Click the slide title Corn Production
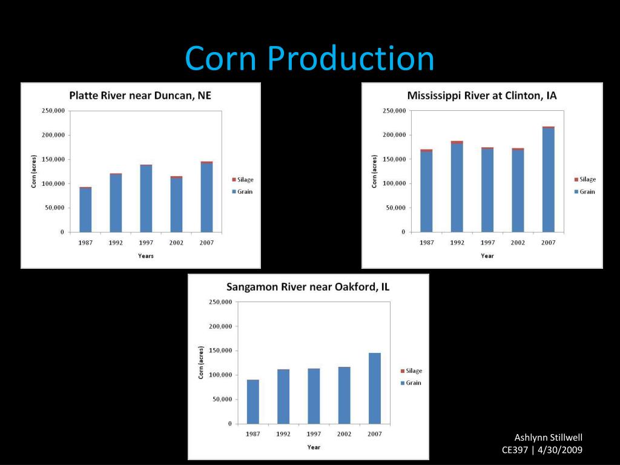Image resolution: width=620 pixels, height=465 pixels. pyautogui.click(x=309, y=59)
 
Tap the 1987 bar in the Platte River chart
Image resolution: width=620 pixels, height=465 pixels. pyautogui.click(x=85, y=209)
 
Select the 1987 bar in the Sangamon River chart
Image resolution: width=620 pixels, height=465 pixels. pyautogui.click(x=252, y=401)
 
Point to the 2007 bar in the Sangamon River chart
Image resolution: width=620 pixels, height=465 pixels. pyautogui.click(x=375, y=388)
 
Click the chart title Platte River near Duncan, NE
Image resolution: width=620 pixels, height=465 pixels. pyautogui.click(x=140, y=95)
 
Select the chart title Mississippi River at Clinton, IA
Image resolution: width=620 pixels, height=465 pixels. pyautogui.click(x=482, y=96)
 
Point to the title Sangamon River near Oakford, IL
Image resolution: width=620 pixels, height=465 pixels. pyautogui.click(x=308, y=287)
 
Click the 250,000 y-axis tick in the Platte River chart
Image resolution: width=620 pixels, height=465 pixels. pyautogui.click(x=53, y=111)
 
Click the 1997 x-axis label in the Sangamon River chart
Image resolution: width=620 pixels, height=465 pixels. pyautogui.click(x=314, y=434)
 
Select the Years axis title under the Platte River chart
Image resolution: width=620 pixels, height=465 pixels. pyautogui.click(x=146, y=256)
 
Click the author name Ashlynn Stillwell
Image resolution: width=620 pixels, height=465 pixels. pyautogui.click(x=548, y=438)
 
